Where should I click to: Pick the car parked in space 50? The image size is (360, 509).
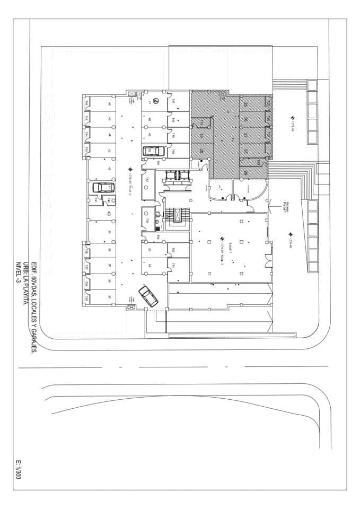click(150, 151)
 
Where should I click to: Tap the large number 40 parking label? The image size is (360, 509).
click(109, 213)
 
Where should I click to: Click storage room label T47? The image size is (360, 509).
click(173, 101)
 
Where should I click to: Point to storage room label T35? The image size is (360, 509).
click(87, 299)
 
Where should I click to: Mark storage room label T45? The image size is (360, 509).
click(87, 119)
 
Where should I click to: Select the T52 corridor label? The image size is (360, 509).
click(159, 236)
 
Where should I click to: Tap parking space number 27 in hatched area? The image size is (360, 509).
click(246, 135)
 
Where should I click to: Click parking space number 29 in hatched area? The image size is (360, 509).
click(246, 172)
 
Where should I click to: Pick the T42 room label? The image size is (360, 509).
click(147, 181)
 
